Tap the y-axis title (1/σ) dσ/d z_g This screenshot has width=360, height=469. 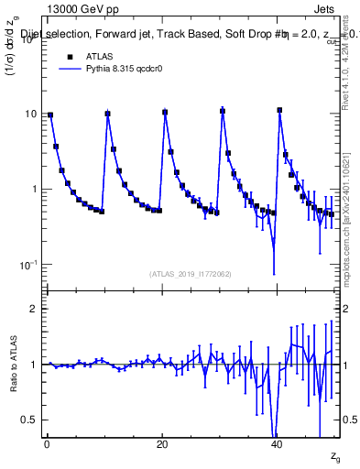coord(15,54)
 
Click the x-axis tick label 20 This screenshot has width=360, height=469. coord(162,444)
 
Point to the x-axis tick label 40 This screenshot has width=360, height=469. coord(277,444)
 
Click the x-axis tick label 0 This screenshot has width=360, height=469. coord(47,444)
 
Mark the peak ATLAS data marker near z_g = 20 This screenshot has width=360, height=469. coord(165,112)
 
